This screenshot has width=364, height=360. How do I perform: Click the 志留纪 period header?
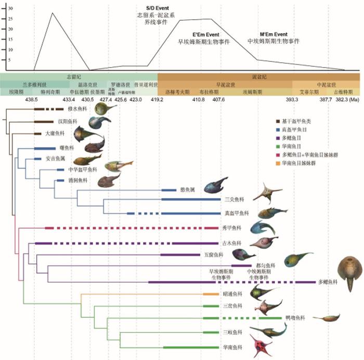coord(81,76)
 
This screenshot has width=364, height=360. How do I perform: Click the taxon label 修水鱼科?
coord(76,109)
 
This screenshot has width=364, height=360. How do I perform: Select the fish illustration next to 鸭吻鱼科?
coord(327,318)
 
